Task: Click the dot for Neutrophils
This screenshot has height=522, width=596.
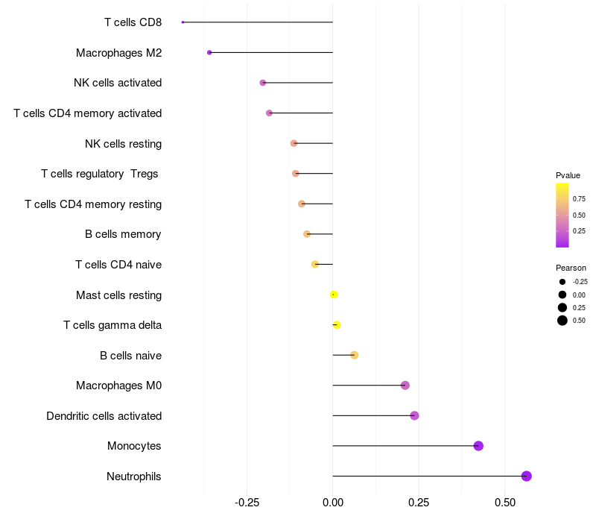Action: tap(526, 476)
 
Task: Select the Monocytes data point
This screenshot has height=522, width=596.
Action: tap(478, 446)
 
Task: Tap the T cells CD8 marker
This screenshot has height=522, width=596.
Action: tap(183, 22)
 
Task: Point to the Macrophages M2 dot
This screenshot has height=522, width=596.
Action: tap(209, 52)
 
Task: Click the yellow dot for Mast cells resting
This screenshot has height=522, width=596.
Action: tap(334, 295)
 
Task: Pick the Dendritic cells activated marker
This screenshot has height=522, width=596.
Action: tap(414, 415)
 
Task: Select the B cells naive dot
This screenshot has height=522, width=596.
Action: tap(354, 355)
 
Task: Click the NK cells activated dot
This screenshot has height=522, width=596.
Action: tap(262, 83)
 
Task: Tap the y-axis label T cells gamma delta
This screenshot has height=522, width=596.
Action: tap(112, 325)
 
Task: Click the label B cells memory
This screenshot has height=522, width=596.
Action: tap(123, 234)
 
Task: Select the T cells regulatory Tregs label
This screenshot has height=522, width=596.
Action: tap(100, 174)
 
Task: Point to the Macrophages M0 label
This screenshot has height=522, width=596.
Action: tap(118, 386)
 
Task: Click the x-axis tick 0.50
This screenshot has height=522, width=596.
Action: tap(504, 502)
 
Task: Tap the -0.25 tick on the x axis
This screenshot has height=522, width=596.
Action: tap(247, 502)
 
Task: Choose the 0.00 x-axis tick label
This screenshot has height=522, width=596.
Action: tap(332, 502)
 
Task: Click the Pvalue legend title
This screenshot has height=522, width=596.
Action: tap(568, 175)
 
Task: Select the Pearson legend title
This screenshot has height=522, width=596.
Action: tap(571, 268)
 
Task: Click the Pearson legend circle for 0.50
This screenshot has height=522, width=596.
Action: tap(562, 321)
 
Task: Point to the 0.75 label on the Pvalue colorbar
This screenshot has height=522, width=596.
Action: tap(579, 199)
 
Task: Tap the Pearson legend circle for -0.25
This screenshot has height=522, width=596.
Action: tap(562, 282)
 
